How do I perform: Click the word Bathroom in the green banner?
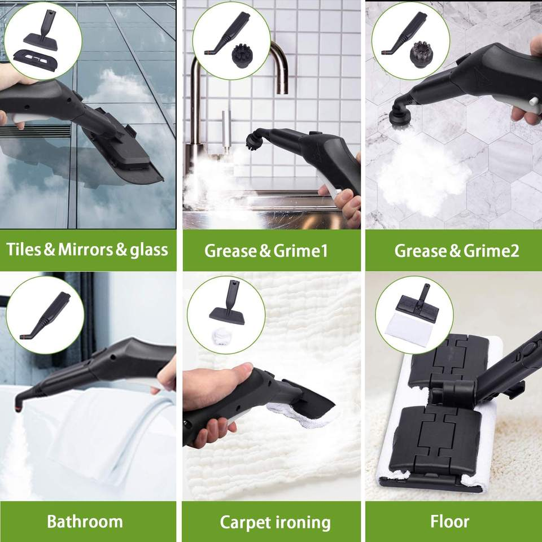point(85,522)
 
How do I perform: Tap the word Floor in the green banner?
point(449,522)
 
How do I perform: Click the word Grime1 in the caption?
point(300,251)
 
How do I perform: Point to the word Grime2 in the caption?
point(491,251)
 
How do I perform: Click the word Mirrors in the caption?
point(85,250)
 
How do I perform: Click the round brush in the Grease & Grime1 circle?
point(243,56)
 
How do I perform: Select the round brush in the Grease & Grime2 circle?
point(422,54)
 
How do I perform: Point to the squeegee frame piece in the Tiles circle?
point(35,60)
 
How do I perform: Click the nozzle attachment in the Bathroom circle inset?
point(45,316)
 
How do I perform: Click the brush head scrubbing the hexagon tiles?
point(401,115)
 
